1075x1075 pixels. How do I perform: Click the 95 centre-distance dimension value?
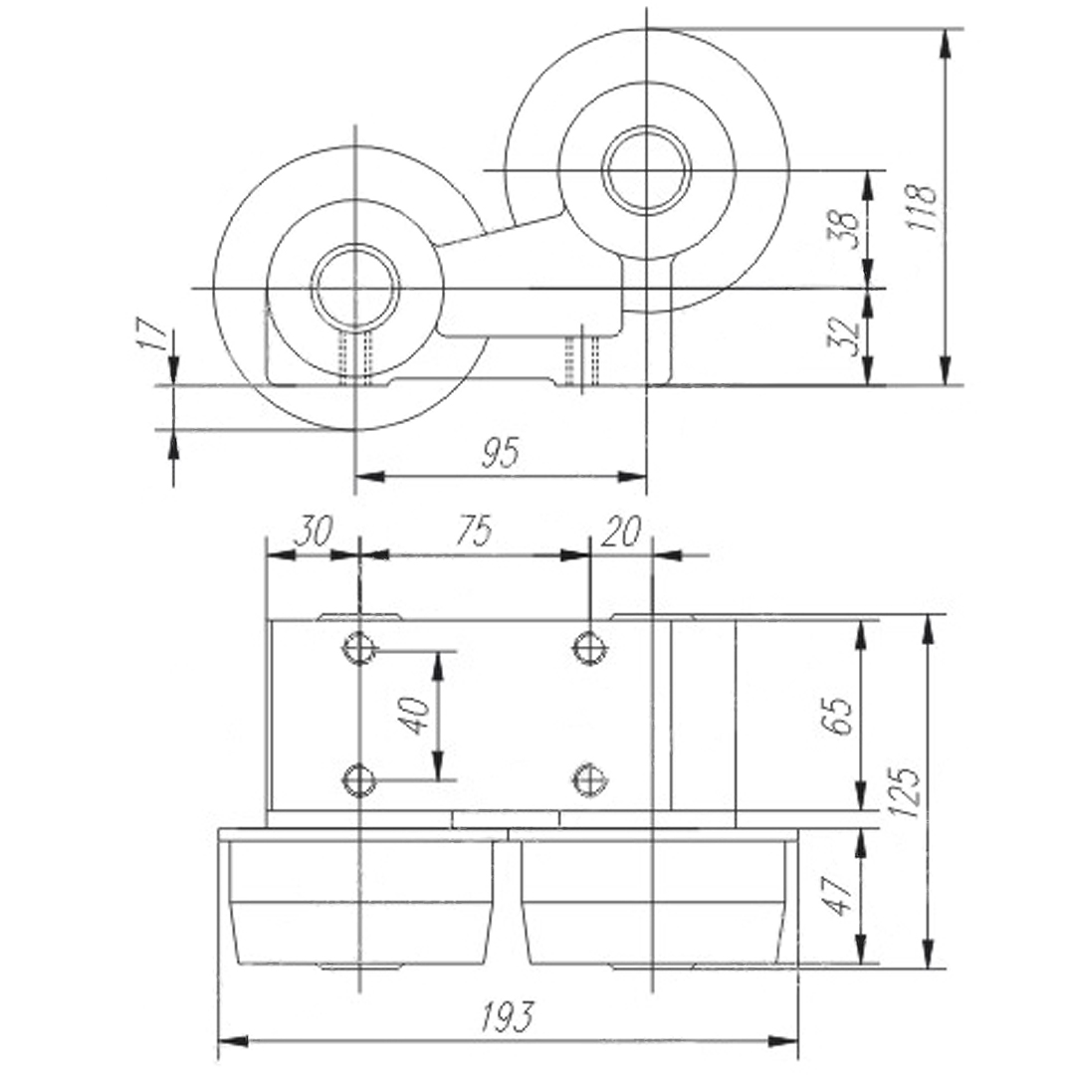502,453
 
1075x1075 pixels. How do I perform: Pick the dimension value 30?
312,531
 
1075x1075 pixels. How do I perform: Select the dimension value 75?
475,531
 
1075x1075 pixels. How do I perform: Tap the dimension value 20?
620,531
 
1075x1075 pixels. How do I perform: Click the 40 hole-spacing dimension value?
414,715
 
